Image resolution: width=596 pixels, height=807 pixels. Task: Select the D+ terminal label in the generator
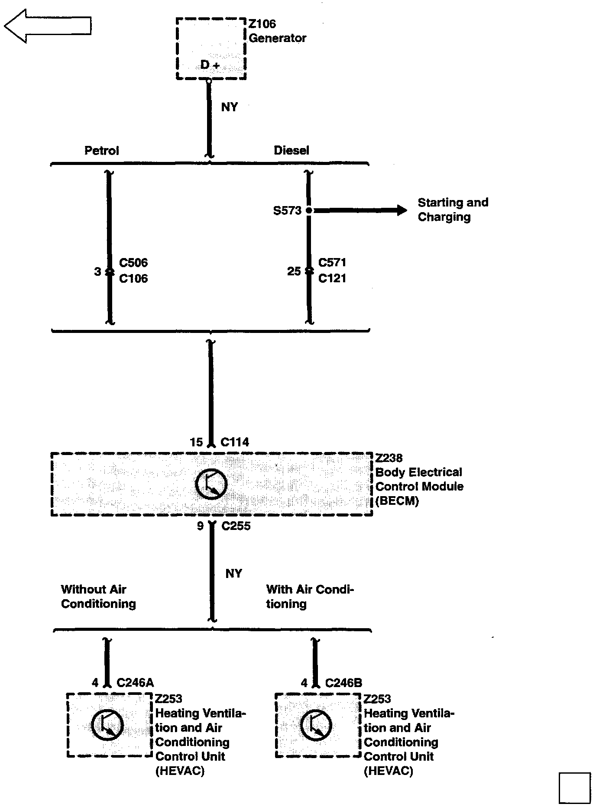point(210,65)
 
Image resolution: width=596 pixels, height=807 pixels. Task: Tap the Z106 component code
point(262,24)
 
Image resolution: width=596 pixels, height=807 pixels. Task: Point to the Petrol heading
point(101,151)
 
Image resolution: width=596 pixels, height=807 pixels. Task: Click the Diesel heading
point(292,150)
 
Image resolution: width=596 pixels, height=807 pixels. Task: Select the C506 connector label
point(133,263)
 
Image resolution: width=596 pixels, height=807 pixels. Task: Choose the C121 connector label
point(332,278)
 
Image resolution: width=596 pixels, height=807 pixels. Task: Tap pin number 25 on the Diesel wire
point(294,271)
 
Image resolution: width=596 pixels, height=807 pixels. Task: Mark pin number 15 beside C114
point(196,442)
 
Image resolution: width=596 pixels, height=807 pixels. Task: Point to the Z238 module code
point(389,458)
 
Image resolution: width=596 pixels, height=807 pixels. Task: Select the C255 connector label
point(236,526)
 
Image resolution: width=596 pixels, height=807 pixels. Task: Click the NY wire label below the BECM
point(233,574)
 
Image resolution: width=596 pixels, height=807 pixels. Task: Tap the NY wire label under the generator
point(229,107)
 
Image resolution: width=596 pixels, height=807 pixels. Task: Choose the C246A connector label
point(135,683)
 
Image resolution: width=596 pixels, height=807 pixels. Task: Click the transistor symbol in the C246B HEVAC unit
point(316,726)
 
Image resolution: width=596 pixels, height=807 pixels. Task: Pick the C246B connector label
point(343,683)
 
